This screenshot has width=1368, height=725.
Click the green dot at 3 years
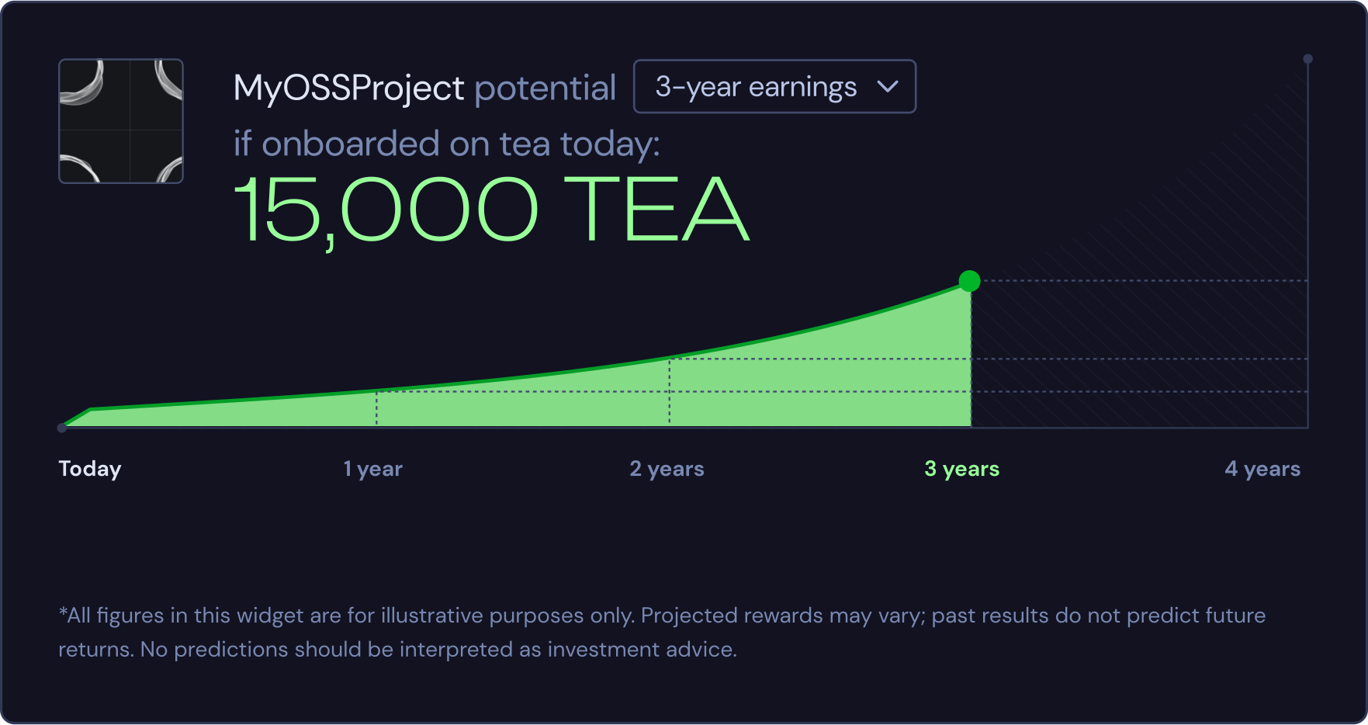(969, 281)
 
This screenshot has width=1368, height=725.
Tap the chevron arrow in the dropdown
(888, 87)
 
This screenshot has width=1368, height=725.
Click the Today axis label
(90, 469)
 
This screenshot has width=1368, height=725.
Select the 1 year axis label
(373, 469)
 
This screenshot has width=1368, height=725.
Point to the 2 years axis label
(667, 469)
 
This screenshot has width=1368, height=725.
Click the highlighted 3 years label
(961, 469)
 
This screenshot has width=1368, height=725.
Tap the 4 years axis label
(1262, 469)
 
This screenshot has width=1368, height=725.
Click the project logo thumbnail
(121, 121)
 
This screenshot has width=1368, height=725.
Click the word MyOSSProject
(348, 88)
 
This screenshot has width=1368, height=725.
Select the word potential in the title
(545, 88)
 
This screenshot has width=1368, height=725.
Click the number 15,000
(386, 210)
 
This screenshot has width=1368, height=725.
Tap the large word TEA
(656, 210)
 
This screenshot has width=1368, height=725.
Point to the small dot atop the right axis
(1307, 59)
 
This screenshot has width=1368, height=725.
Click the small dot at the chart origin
(62, 428)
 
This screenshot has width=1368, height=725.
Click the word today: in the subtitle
(610, 144)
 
